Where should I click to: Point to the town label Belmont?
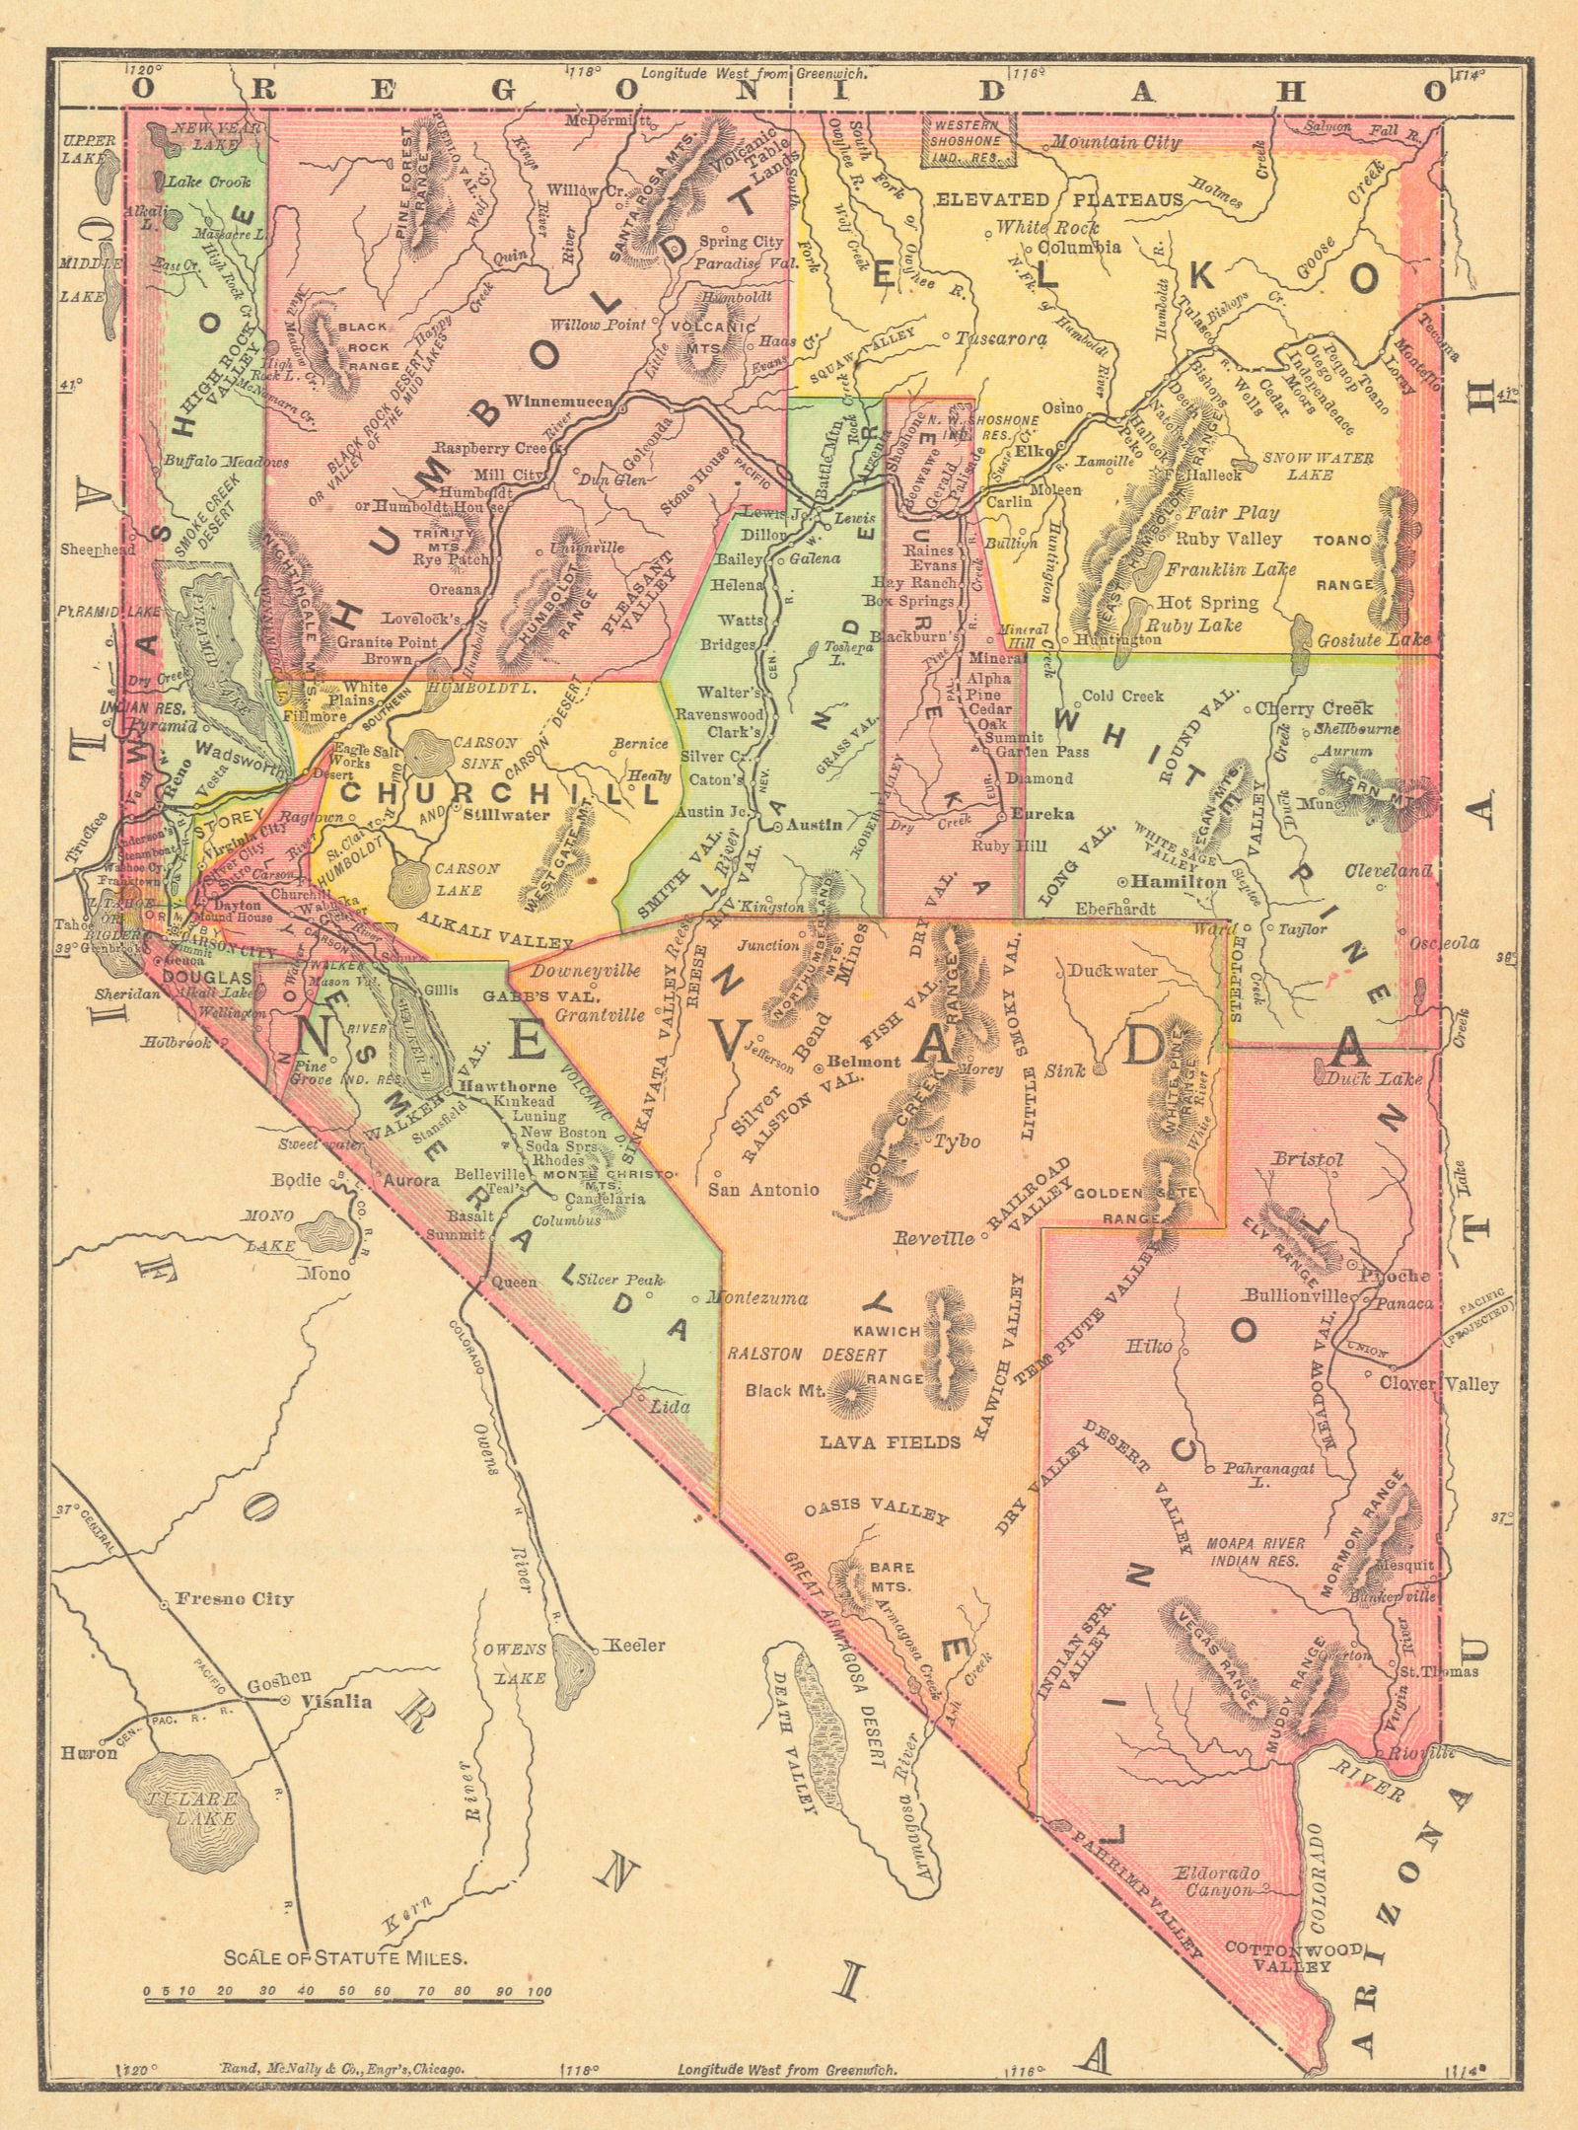(863, 1063)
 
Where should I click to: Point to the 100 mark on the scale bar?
(538, 1964)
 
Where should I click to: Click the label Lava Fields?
(891, 1442)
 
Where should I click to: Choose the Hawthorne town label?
(495, 1083)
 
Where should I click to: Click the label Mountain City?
(1115, 144)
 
